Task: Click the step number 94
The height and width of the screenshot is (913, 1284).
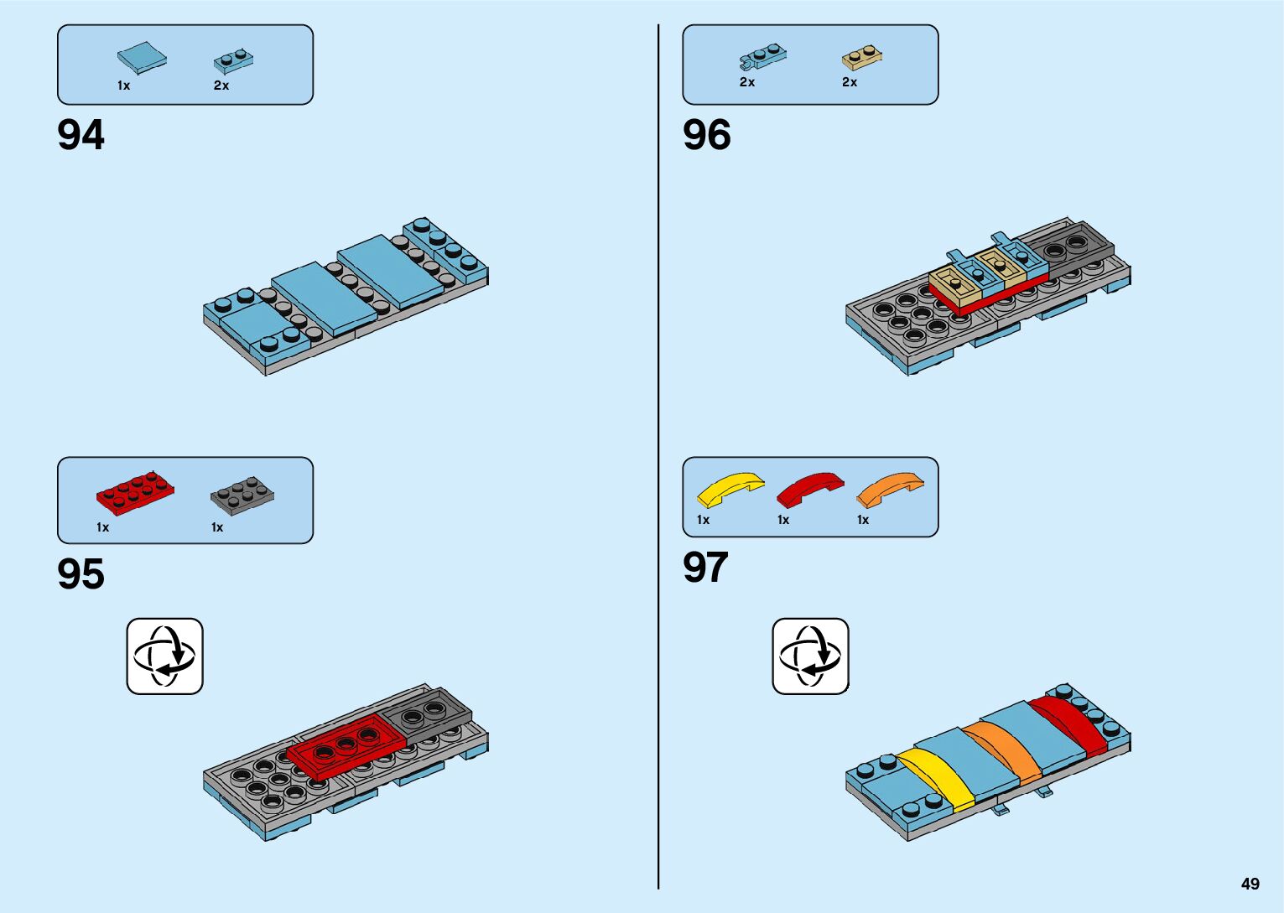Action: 81,135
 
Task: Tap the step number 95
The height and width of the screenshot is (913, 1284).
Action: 81,574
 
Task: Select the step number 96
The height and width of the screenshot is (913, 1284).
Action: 706,135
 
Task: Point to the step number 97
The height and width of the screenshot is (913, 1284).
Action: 705,568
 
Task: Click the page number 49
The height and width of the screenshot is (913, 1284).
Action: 1250,884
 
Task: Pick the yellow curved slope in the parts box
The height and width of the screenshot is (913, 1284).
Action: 730,489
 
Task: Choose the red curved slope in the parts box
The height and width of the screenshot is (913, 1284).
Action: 809,489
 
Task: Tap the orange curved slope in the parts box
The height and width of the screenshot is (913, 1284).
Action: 889,489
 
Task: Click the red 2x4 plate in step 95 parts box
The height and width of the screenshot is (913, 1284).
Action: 135,492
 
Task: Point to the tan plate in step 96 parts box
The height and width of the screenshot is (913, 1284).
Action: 862,57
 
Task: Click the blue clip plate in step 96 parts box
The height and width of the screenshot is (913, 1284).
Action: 763,57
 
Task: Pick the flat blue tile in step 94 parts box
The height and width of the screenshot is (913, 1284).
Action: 141,58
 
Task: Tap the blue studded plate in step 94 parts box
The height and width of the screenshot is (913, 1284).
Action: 233,60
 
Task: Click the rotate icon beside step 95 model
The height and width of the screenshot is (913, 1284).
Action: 164,656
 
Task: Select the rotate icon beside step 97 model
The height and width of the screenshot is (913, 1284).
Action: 810,656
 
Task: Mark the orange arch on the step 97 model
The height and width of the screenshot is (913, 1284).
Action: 1001,750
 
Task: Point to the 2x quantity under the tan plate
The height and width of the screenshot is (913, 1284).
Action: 850,82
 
